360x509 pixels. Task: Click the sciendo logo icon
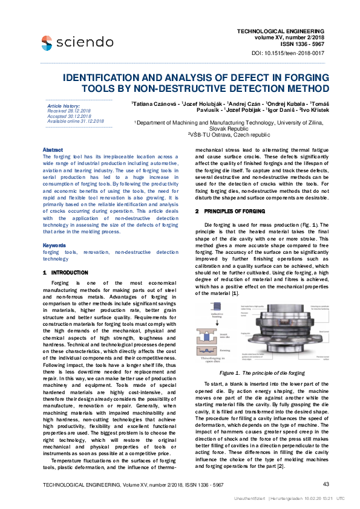[47, 42]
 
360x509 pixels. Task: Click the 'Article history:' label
[63, 106]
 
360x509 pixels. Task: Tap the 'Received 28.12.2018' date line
[68, 111]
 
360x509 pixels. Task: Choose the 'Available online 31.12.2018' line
[76, 121]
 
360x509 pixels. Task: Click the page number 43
[326, 484]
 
